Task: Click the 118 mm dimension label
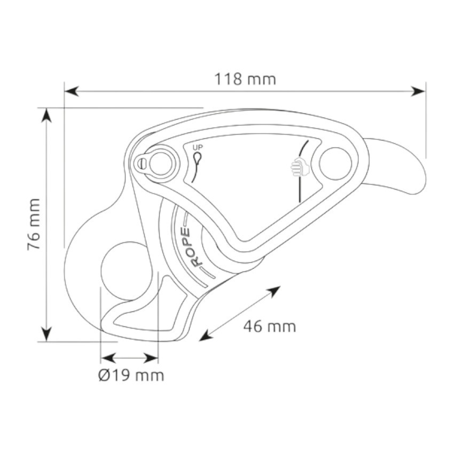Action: (245, 80)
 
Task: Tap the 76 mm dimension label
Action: (34, 224)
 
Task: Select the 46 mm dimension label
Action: (270, 326)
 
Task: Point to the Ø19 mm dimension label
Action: (131, 375)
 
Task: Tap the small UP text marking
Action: (198, 147)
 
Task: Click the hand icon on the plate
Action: (300, 167)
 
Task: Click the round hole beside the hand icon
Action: (335, 163)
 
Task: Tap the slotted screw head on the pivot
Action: (141, 163)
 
